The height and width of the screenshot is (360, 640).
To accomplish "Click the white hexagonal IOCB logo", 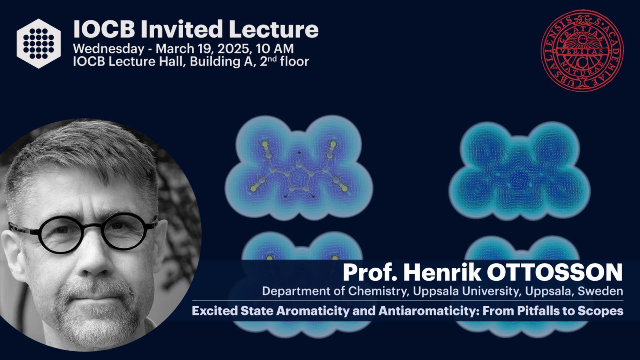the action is pos(38,44).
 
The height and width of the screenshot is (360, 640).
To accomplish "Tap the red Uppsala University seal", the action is pos(582,51).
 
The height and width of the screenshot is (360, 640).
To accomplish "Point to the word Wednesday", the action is pos(108,49).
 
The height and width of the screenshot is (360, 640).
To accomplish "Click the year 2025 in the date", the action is pos(234,48).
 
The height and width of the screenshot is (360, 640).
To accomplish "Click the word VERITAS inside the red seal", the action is pos(582,52).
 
